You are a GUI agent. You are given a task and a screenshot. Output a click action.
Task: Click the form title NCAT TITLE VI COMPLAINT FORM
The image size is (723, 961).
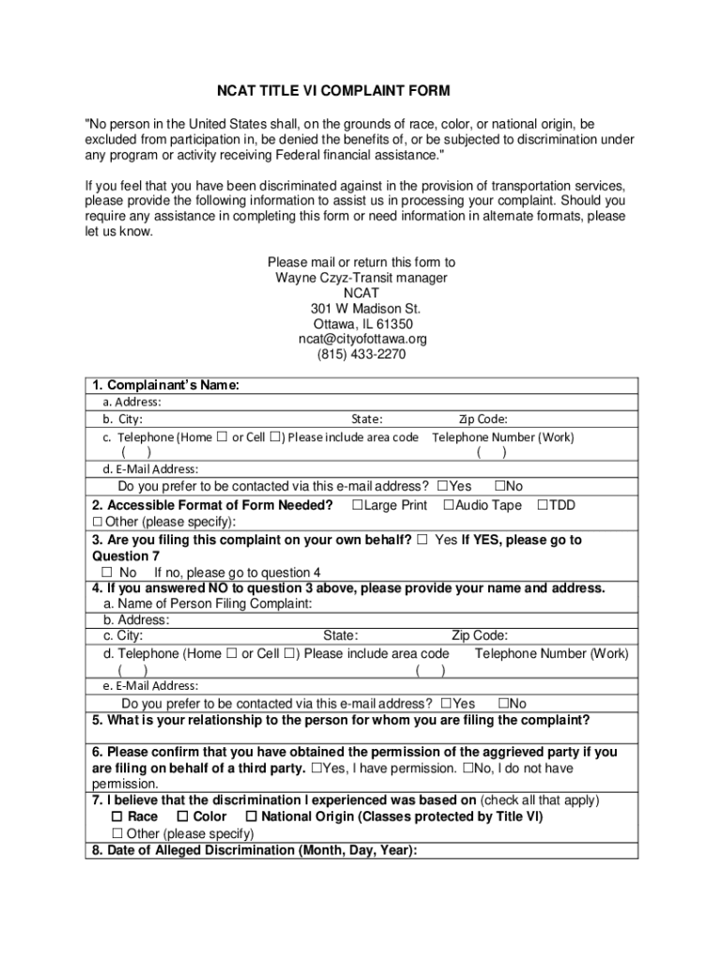pyautogui.click(x=333, y=91)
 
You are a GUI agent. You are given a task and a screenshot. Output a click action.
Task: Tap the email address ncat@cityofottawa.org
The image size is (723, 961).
pyautogui.click(x=361, y=339)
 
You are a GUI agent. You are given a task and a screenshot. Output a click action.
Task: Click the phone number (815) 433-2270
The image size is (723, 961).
pyautogui.click(x=361, y=355)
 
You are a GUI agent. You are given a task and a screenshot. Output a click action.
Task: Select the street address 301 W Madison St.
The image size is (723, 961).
pyautogui.click(x=361, y=308)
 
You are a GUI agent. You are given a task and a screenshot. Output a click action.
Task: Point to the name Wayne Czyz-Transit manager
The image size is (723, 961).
pyautogui.click(x=361, y=278)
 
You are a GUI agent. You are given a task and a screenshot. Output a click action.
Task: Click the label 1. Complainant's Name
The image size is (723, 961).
pyautogui.click(x=165, y=386)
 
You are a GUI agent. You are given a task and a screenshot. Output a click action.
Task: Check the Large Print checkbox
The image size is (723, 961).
pyautogui.click(x=357, y=506)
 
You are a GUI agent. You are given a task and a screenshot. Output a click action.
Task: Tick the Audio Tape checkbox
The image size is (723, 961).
pyautogui.click(x=448, y=506)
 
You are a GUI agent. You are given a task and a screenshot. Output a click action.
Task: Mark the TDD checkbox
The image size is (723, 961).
pyautogui.click(x=542, y=506)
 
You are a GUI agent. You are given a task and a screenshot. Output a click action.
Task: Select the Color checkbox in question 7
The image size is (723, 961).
pyautogui.click(x=183, y=817)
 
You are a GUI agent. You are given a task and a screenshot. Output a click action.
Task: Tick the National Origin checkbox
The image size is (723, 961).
pyautogui.click(x=251, y=817)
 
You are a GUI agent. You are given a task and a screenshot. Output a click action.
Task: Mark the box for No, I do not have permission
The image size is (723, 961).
pyautogui.click(x=467, y=769)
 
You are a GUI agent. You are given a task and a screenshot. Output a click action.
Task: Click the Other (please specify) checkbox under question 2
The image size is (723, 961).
pyautogui.click(x=97, y=522)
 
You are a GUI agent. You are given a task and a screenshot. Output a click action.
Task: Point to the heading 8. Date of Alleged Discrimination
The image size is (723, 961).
pyautogui.click(x=254, y=850)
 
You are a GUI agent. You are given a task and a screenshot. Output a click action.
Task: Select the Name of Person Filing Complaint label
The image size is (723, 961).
pyautogui.click(x=208, y=604)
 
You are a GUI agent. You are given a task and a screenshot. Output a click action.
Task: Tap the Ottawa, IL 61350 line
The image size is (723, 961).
pyautogui.click(x=361, y=324)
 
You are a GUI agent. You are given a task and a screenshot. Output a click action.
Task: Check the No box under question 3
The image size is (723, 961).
pyautogui.click(x=107, y=572)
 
